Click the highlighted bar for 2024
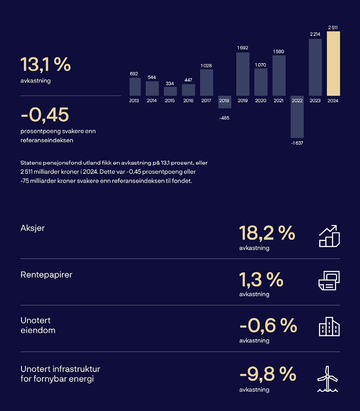[333, 63]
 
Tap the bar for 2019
[243, 74]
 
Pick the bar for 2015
[170, 91]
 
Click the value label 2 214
[315, 34]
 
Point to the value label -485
[224, 118]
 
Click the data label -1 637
[297, 143]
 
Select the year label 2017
[206, 101]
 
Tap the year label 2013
[134, 101]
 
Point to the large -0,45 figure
[45, 115]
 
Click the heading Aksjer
[33, 228]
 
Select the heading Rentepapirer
[46, 275]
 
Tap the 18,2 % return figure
[267, 233]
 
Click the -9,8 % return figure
[268, 374]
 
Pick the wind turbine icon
[328, 379]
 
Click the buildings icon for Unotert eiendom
[329, 327]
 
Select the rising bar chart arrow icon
[329, 236]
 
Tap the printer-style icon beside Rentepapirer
[329, 281]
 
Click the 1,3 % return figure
[261, 280]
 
